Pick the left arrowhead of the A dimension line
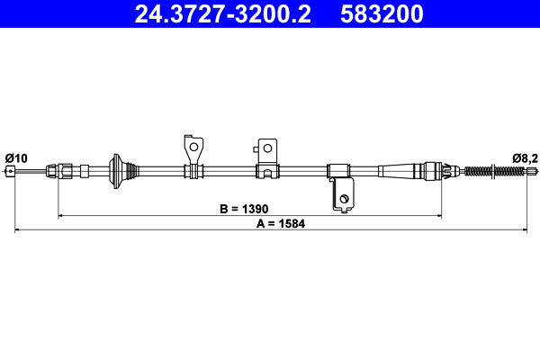[x=18, y=231]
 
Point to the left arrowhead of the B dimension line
[x=62, y=216]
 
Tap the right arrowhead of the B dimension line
[x=438, y=216]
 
